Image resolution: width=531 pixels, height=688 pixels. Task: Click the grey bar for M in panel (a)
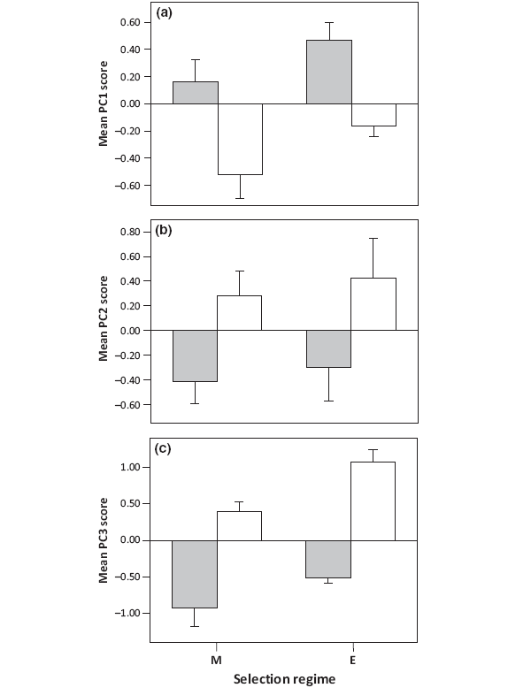195,93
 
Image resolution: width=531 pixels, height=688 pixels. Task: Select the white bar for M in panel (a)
240,139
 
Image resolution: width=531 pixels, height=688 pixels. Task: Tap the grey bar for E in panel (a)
329,72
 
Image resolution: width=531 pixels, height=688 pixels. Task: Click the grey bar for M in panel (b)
195,355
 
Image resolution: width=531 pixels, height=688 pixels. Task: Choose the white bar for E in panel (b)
373,304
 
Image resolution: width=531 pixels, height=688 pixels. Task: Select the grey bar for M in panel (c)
195,574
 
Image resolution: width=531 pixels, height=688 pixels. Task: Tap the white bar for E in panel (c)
373,501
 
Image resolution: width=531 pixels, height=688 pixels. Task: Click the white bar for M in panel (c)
240,525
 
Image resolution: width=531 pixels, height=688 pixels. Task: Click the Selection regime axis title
284,679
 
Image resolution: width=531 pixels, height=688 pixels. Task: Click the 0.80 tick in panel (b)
130,232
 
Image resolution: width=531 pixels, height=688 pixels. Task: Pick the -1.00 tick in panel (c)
128,613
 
